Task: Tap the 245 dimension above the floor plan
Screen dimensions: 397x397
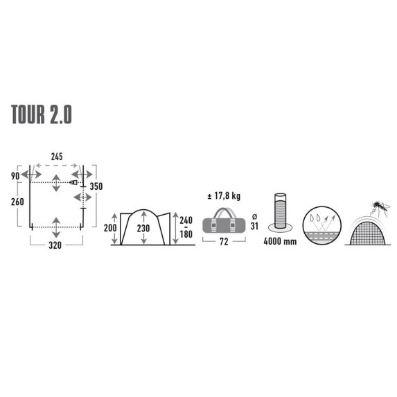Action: [x=57, y=157]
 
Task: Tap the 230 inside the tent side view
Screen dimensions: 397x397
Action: [x=143, y=228]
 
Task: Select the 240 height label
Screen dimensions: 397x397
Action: [x=185, y=220]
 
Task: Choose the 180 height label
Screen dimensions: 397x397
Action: [x=185, y=236]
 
